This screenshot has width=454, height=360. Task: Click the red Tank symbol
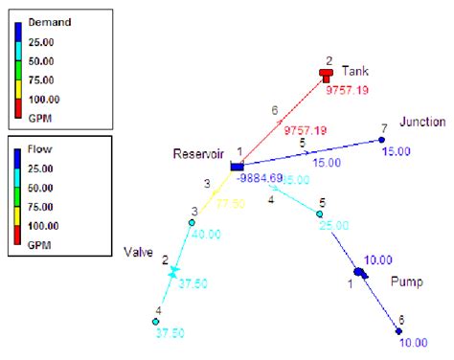[x=328, y=74]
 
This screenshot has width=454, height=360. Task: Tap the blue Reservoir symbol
[x=238, y=168]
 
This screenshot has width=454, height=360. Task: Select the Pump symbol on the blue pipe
[x=361, y=274]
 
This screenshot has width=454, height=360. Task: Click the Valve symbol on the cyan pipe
[x=173, y=272]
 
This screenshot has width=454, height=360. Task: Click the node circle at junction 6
[x=400, y=331]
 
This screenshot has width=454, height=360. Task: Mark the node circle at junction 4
[x=155, y=322]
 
